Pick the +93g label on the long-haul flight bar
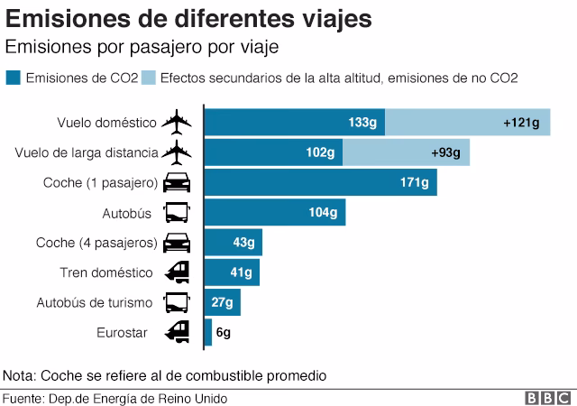coord(444,152)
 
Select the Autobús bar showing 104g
coord(275,213)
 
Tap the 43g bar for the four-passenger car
coord(234,243)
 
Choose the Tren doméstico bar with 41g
coord(232,272)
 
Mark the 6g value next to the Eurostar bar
coord(224,333)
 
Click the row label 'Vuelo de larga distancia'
coord(87,152)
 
